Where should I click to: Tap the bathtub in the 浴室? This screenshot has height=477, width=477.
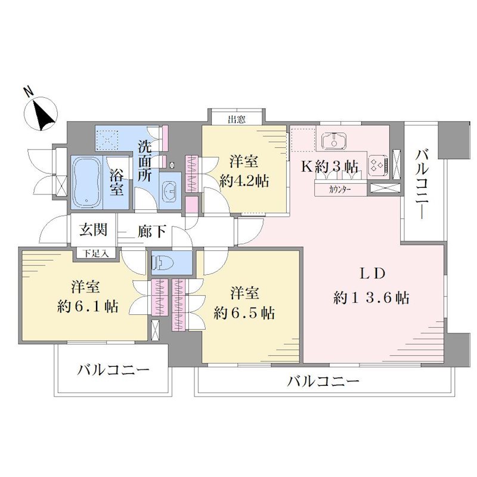(x=87, y=182)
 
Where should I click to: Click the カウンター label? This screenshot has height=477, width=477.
(x=340, y=190)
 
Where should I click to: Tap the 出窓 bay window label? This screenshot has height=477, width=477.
(x=237, y=119)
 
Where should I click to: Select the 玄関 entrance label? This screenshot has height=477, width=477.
(x=94, y=230)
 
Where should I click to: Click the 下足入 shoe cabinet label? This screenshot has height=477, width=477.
(x=96, y=253)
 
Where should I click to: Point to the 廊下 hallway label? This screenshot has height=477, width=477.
(x=151, y=232)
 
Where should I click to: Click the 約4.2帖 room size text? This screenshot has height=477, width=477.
(x=244, y=182)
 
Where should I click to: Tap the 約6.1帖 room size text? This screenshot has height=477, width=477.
(x=88, y=306)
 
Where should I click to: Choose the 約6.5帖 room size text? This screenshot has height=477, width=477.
(x=244, y=312)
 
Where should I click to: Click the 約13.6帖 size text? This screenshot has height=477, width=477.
(x=371, y=298)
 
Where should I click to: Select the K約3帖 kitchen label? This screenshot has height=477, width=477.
(x=329, y=166)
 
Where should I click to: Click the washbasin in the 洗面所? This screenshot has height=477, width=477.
(x=170, y=191)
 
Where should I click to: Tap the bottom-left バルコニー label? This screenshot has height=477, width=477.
(x=113, y=370)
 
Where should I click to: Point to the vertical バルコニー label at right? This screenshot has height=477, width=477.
(x=422, y=184)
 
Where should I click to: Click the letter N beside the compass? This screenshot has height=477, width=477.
(x=29, y=91)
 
